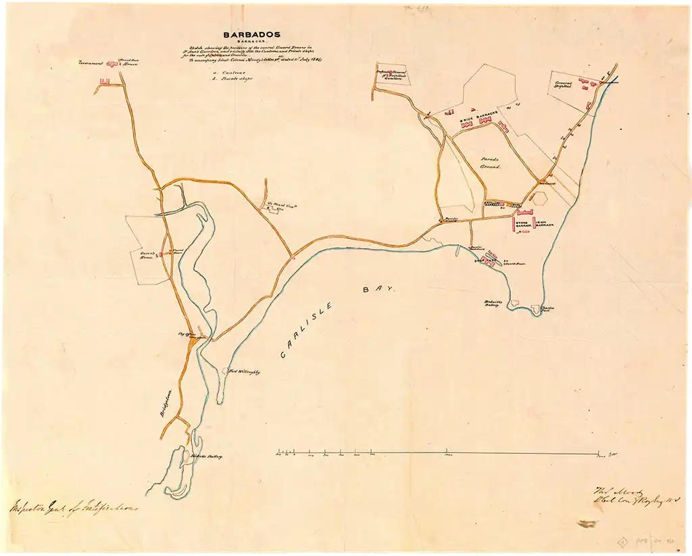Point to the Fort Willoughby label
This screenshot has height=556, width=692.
tap(246, 371)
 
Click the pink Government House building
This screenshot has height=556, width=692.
tap(112, 64)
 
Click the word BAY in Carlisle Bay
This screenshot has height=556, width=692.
tap(372, 289)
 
